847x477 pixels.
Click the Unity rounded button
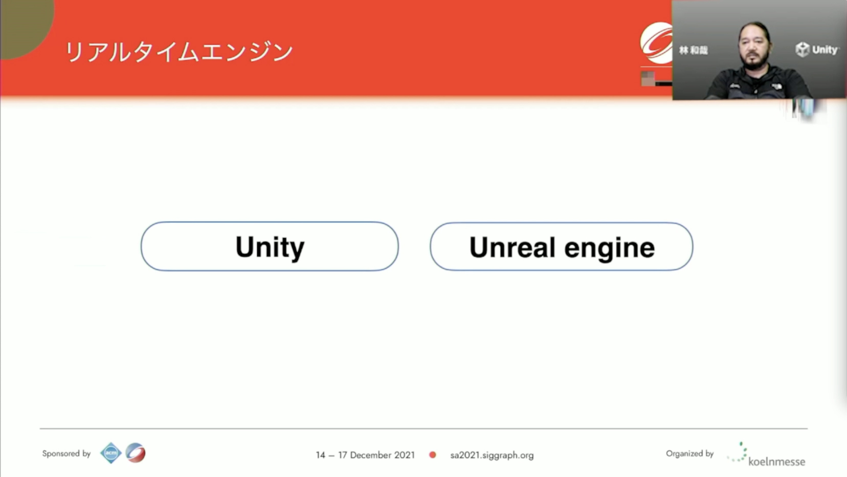point(270,246)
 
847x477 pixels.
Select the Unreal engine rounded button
point(562,246)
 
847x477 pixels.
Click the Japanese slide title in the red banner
point(179,52)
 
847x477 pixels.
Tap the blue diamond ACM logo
point(111,453)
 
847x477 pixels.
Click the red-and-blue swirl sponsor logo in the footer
point(136,453)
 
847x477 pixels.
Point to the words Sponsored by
point(66,453)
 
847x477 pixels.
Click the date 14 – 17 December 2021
point(365,454)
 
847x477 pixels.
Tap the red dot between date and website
point(433,454)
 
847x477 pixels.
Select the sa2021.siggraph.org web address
point(492,455)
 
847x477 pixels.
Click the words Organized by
point(689,453)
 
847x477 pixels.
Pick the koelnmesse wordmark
point(776,462)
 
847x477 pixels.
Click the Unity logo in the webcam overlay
point(816,50)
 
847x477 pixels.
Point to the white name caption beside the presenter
point(694,50)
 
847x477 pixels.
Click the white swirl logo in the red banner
point(656,43)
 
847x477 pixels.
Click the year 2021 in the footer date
point(405,454)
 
